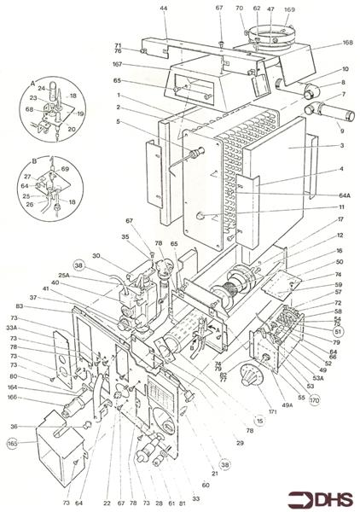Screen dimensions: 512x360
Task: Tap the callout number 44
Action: (x=164, y=8)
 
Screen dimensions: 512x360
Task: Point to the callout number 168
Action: (x=347, y=43)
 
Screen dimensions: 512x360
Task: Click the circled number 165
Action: (x=12, y=444)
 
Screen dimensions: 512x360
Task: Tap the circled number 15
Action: (x=258, y=421)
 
